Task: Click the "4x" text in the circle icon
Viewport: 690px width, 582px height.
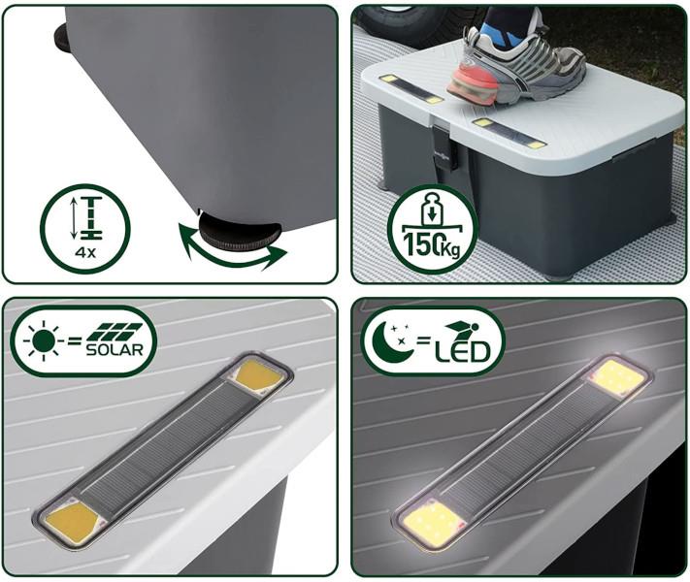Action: point(85,253)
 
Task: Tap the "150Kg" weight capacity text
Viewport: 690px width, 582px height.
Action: point(432,246)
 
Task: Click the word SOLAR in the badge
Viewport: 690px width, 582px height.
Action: point(115,350)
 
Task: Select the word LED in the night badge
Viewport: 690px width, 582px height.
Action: point(462,351)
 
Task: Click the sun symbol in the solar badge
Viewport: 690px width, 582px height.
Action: point(44,340)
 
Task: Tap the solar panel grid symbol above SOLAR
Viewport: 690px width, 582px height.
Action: point(115,332)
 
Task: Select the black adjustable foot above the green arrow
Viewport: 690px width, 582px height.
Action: point(240,233)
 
